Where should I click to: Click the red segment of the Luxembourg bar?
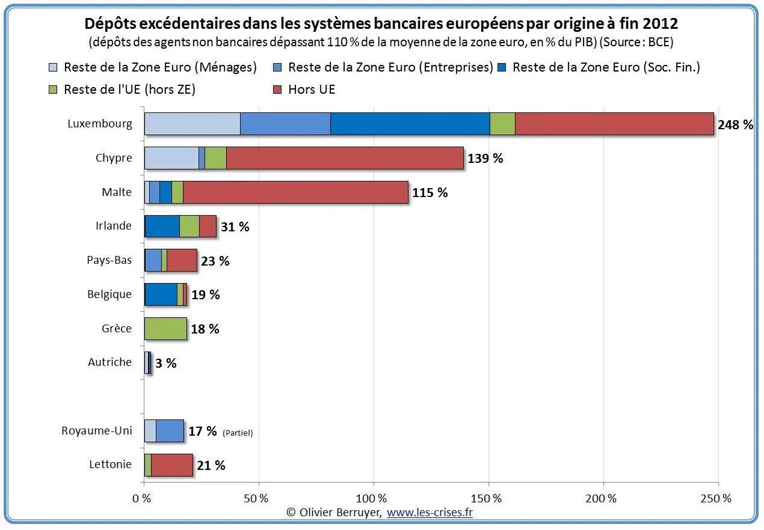pyautogui.click(x=614, y=124)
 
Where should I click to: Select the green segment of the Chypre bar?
pyautogui.click(x=215, y=158)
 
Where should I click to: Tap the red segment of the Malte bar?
pyautogui.click(x=296, y=192)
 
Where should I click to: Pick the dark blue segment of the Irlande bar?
pyautogui.click(x=162, y=226)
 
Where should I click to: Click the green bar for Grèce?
pyautogui.click(x=166, y=329)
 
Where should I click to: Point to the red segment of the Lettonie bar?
pyautogui.click(x=172, y=465)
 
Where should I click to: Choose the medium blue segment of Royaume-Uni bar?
pyautogui.click(x=170, y=431)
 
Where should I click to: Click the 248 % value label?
pyautogui.click(x=735, y=124)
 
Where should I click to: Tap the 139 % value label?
pyautogui.click(x=485, y=159)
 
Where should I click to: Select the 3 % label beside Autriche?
pyautogui.click(x=166, y=363)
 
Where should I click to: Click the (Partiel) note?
pyautogui.click(x=238, y=433)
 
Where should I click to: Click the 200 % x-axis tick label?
pyautogui.click(x=601, y=499)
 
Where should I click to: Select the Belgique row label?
pyautogui.click(x=109, y=294)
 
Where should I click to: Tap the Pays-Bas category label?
pyautogui.click(x=109, y=260)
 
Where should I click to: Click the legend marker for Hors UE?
pyautogui.click(x=277, y=90)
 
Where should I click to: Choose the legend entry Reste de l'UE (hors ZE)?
pyautogui.click(x=122, y=90)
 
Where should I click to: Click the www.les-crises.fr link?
pyautogui.click(x=430, y=513)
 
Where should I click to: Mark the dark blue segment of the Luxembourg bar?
pyautogui.click(x=410, y=124)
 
